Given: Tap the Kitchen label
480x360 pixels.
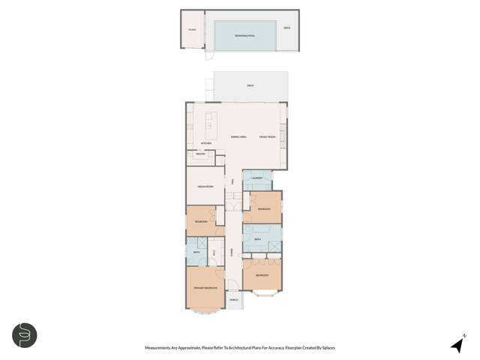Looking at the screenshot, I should (206, 143).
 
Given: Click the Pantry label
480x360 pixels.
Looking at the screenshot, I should (200, 154).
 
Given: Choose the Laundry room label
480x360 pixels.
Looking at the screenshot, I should (256, 178).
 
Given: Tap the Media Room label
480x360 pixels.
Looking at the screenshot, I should (205, 185).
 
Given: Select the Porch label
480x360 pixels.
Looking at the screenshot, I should (233, 299).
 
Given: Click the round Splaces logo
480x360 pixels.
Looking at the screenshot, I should (25, 335).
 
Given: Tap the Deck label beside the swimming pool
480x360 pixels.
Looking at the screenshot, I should (286, 28).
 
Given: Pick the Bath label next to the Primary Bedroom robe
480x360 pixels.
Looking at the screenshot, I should (196, 253).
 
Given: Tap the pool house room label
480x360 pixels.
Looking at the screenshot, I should (191, 28).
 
